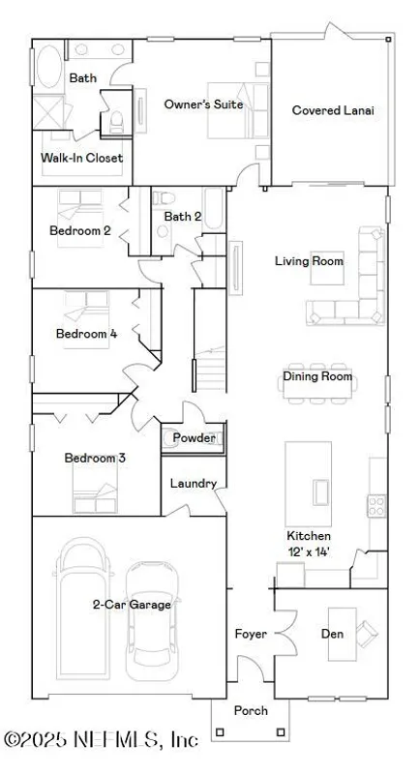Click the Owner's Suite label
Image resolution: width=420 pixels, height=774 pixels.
(x=202, y=104)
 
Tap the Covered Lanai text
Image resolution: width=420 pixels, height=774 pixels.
(x=333, y=110)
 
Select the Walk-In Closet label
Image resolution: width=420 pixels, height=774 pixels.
(x=81, y=158)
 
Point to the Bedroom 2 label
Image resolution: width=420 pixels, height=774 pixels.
(x=80, y=230)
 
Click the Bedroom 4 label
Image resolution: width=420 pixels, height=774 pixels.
(x=86, y=334)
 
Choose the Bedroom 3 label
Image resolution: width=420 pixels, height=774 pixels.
(x=95, y=458)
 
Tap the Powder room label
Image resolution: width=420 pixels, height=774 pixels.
(x=194, y=438)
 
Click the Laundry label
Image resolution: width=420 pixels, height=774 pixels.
(x=193, y=484)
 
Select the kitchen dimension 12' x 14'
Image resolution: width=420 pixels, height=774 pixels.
(x=309, y=551)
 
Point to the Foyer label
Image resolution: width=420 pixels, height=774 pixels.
(x=252, y=635)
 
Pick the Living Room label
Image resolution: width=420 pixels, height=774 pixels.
(x=309, y=261)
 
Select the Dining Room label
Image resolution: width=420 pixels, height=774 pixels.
(x=317, y=377)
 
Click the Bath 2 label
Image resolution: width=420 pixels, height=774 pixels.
(x=182, y=217)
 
